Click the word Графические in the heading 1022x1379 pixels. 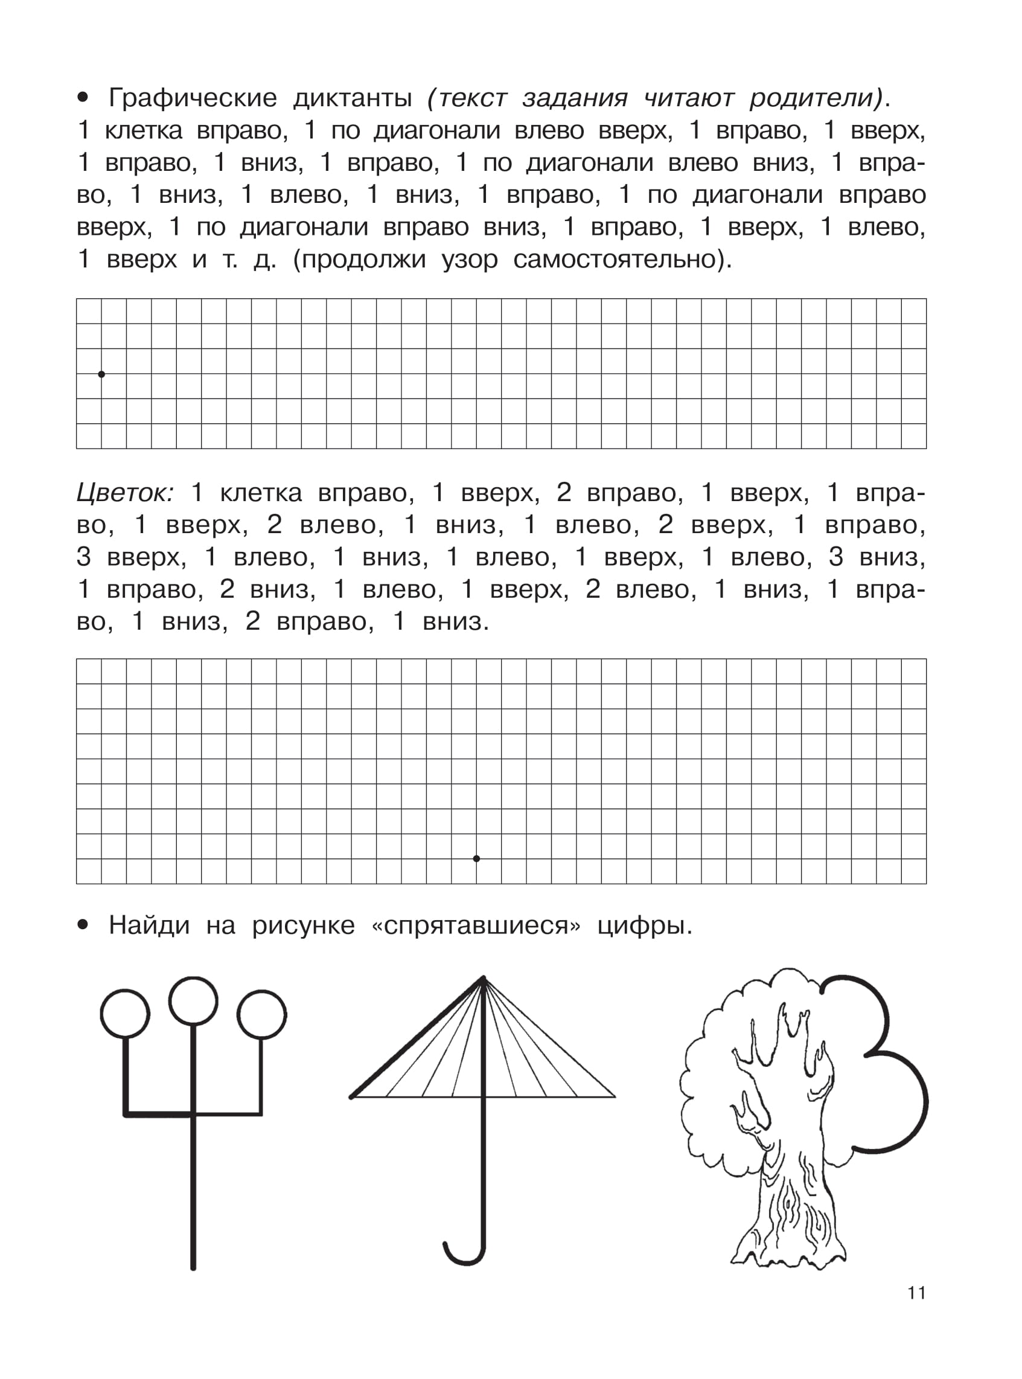tap(193, 98)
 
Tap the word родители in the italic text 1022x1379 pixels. tap(816, 98)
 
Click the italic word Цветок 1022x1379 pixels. tap(124, 493)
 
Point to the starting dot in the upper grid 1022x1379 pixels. tap(101, 374)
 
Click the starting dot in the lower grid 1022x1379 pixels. tap(476, 859)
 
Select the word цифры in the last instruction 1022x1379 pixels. tap(644, 926)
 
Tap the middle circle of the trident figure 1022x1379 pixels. tap(193, 1001)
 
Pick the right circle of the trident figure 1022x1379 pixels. tap(261, 1014)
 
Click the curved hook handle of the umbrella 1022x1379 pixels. tap(464, 1256)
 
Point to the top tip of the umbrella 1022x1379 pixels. tap(483, 977)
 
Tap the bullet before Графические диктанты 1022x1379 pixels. tap(83, 97)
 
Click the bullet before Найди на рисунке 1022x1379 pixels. tap(83, 926)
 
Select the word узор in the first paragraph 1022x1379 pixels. tap(470, 259)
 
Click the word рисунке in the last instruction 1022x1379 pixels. tap(303, 926)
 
